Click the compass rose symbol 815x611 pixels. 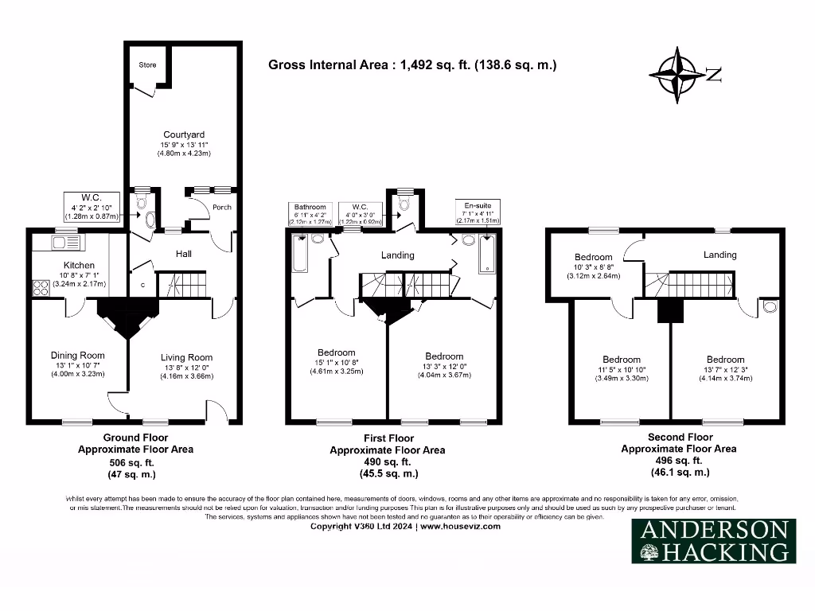pyautogui.click(x=678, y=76)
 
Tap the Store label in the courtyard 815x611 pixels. pyautogui.click(x=147, y=64)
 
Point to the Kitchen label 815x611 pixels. pyautogui.click(x=79, y=265)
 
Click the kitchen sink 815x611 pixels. pyautogui.click(x=60, y=241)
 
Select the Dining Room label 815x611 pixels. pyautogui.click(x=77, y=356)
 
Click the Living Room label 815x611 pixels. pyautogui.click(x=186, y=358)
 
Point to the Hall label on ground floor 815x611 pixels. pyautogui.click(x=183, y=254)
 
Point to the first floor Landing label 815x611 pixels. pyautogui.click(x=398, y=255)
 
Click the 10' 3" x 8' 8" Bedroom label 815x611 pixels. pyautogui.click(x=594, y=257)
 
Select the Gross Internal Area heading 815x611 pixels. pyautogui.click(x=412, y=65)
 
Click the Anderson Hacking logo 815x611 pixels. pyautogui.click(x=713, y=541)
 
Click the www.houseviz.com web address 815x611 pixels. pyautogui.click(x=462, y=527)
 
